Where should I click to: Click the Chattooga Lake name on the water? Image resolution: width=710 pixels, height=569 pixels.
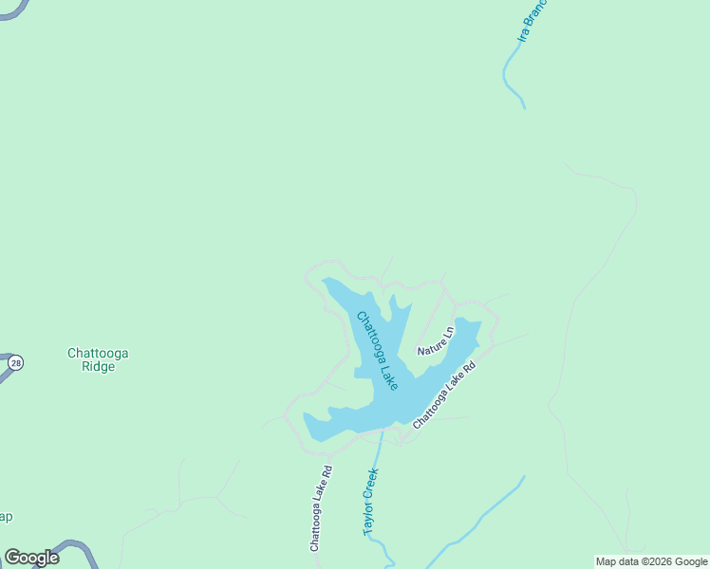click(377, 350)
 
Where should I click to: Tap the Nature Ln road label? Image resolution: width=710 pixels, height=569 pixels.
click(436, 340)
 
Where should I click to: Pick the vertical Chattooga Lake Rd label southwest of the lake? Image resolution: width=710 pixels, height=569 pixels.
click(320, 508)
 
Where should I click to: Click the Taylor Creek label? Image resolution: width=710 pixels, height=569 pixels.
click(371, 502)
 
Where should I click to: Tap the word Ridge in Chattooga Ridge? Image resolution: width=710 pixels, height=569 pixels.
click(98, 367)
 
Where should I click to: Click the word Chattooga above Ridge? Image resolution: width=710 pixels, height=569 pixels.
click(98, 354)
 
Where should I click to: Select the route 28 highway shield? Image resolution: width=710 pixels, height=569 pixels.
click(15, 362)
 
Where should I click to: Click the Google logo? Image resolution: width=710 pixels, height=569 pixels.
click(31, 557)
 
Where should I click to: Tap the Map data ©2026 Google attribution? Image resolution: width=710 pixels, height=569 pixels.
click(652, 561)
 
